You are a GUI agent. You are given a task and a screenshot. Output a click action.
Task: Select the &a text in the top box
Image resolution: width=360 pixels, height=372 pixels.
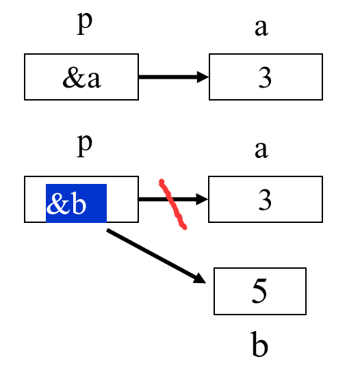point(81,77)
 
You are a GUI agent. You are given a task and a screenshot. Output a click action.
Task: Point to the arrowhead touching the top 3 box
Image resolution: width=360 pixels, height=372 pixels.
point(203,77)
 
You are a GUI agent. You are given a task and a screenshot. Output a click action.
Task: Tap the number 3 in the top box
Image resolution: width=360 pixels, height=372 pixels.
point(265,78)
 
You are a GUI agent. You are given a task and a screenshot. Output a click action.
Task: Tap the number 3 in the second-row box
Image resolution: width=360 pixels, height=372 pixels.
point(265,200)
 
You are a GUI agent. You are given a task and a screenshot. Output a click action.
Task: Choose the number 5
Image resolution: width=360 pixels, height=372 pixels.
point(259,292)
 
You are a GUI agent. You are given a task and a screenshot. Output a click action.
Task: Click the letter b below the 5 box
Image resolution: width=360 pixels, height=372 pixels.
point(259,346)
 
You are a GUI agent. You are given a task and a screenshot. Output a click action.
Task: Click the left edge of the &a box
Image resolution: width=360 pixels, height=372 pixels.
point(25,77)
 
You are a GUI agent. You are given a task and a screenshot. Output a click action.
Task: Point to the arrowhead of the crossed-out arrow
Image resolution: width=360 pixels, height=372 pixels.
point(203,200)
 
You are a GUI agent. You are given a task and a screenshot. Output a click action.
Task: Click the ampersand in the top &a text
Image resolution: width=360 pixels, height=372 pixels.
point(70,78)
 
